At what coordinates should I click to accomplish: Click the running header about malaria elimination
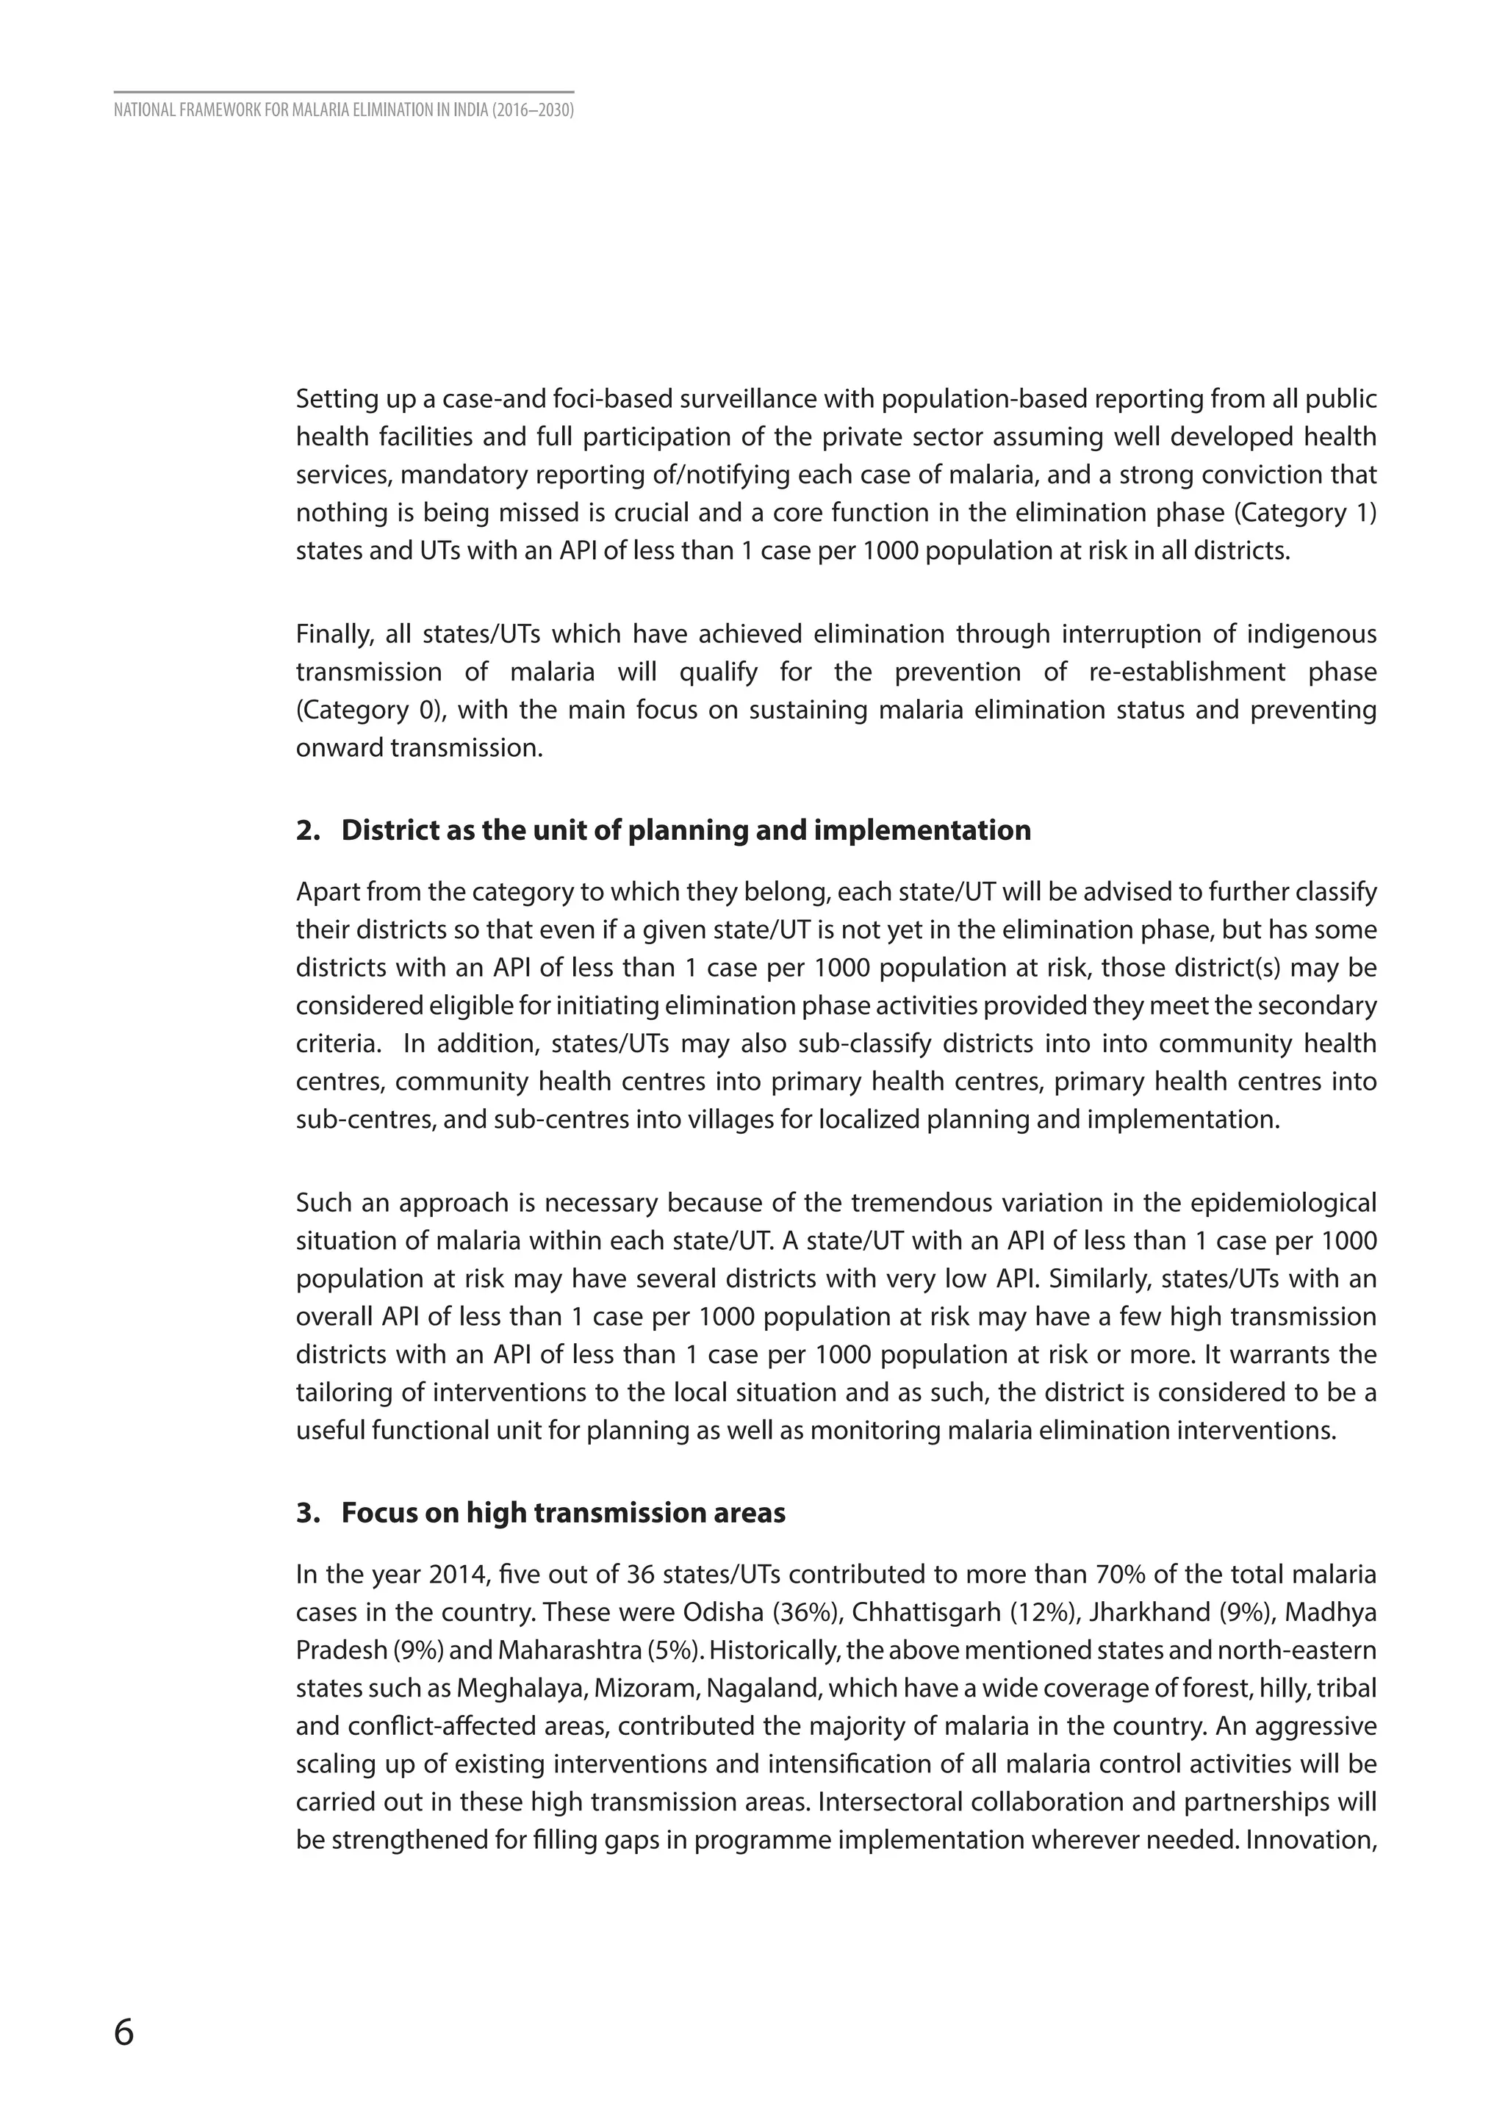344,111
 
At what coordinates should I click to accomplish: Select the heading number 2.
306,830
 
